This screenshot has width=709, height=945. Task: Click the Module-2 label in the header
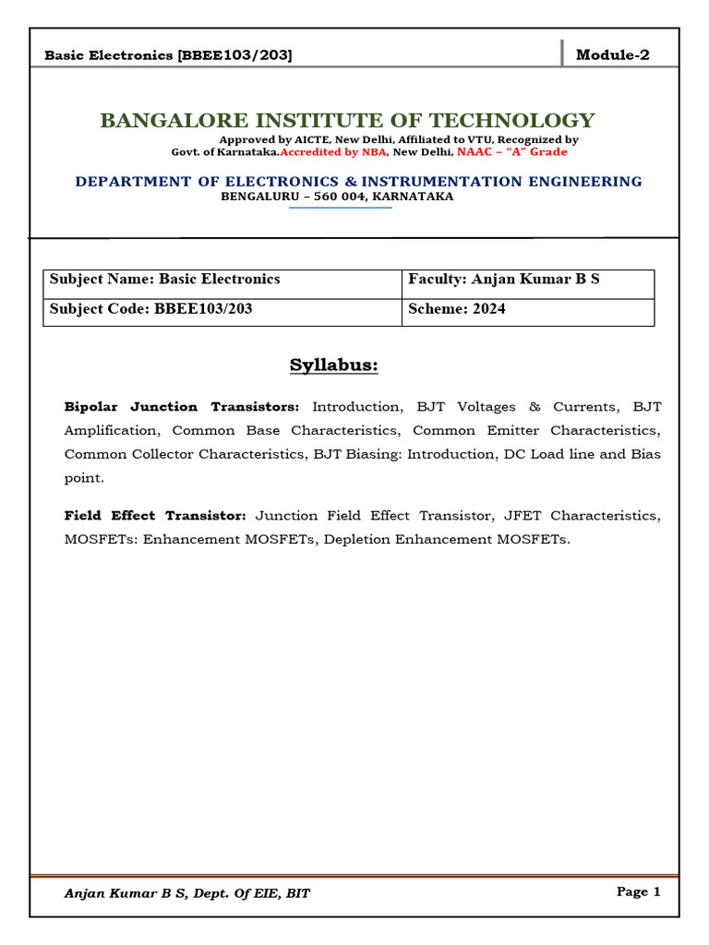pyautogui.click(x=612, y=54)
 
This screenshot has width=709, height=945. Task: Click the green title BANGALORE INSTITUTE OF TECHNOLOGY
pyautogui.click(x=347, y=121)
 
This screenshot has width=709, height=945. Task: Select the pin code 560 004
pyautogui.click(x=338, y=197)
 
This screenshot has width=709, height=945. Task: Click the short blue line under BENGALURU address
pyautogui.click(x=341, y=208)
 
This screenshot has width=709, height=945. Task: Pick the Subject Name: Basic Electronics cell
pyautogui.click(x=165, y=279)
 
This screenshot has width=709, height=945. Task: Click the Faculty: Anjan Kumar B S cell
pyautogui.click(x=503, y=279)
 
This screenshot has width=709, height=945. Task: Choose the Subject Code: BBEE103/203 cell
pyautogui.click(x=150, y=309)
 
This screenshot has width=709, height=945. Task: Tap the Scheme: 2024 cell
pyautogui.click(x=457, y=309)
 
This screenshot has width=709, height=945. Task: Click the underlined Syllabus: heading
pyautogui.click(x=334, y=365)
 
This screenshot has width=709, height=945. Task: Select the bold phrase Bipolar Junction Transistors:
pyautogui.click(x=182, y=407)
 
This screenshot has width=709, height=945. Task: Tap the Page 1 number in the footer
pyautogui.click(x=638, y=891)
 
